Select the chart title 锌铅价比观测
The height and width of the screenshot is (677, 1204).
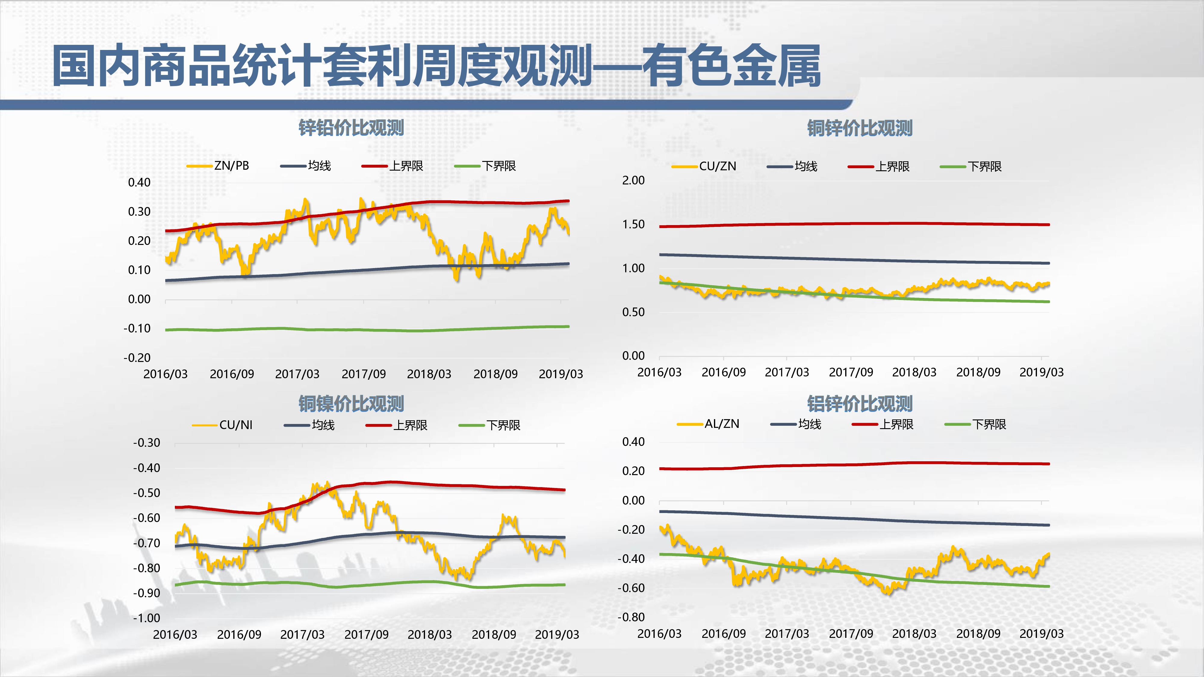[351, 128]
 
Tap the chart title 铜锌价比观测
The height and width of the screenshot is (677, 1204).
[860, 128]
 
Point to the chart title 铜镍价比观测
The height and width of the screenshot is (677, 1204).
[351, 404]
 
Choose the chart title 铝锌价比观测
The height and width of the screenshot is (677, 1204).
[860, 404]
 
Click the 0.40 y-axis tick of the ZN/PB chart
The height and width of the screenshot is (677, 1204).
[139, 183]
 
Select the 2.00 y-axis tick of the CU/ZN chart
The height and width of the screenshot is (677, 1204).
[633, 180]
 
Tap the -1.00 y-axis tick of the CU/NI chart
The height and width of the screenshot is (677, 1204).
[147, 618]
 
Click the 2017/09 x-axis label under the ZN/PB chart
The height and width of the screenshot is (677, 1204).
[364, 374]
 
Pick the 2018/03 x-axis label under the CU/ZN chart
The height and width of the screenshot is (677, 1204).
[914, 373]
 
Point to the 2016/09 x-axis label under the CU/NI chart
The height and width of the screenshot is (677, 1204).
[239, 635]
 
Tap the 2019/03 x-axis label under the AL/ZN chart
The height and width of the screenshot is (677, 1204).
[1041, 634]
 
